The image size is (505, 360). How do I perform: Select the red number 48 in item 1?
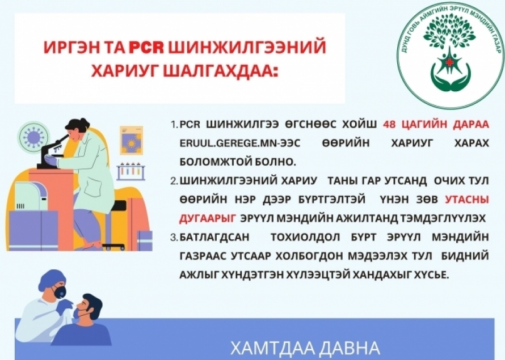pos(389,125)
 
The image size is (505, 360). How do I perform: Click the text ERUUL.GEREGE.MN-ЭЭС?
pos(239,143)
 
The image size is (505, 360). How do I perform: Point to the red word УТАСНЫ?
pos(467,200)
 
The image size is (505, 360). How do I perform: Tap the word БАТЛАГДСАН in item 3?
pos(214,238)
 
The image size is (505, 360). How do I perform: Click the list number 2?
pos(174,181)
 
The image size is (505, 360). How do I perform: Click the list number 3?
pos(174,238)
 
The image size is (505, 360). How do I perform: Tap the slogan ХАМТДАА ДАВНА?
pos(305,348)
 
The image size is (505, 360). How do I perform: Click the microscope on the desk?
pos(53,151)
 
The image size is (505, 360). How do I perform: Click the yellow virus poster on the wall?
pos(132,140)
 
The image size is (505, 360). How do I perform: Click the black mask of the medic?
pos(59,292)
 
